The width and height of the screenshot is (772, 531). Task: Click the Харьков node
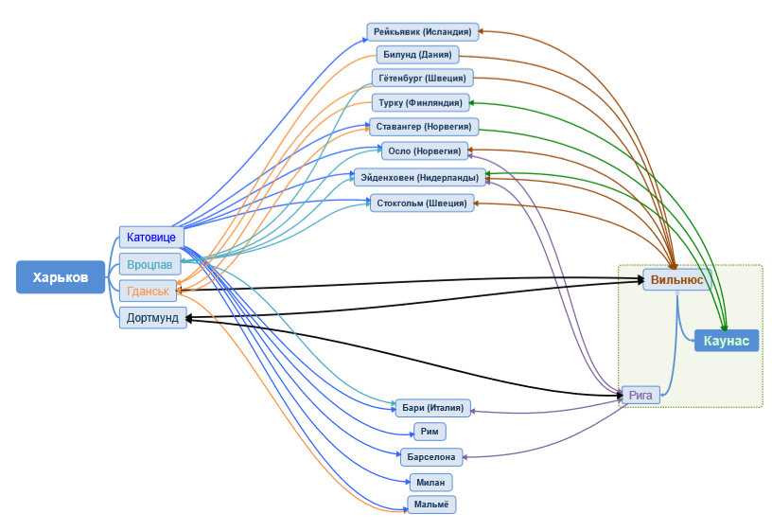tap(61, 277)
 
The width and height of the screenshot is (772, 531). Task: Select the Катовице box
tap(151, 237)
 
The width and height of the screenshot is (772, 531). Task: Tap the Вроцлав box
tap(150, 264)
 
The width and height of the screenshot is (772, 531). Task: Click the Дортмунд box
tap(152, 318)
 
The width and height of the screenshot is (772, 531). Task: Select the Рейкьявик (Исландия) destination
tap(422, 31)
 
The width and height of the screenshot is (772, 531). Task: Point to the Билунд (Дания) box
tap(417, 55)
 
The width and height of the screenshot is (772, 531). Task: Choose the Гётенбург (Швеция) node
tap(421, 78)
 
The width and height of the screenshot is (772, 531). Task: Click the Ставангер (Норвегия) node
tap(424, 126)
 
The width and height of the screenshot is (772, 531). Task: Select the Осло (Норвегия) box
tap(425, 150)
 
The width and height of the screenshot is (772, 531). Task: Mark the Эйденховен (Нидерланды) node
tap(421, 176)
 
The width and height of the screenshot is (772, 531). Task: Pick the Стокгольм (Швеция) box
tap(421, 203)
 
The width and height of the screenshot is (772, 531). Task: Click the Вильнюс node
tap(676, 279)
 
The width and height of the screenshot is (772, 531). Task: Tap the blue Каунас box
tap(727, 341)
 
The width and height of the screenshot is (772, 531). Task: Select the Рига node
tap(640, 396)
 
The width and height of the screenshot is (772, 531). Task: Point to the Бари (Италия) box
tap(432, 408)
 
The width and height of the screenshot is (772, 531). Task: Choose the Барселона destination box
tap(431, 457)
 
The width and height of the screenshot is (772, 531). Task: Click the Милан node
tap(430, 482)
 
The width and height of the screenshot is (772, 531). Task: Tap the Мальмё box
tap(431, 504)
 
